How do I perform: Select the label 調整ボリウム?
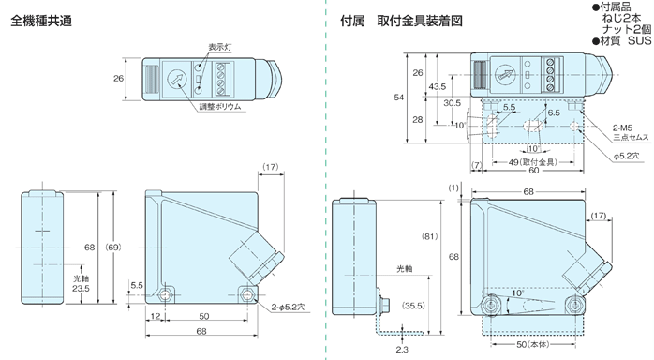point(220,107)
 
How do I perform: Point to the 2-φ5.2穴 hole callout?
point(288,307)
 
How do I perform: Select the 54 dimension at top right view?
point(398,97)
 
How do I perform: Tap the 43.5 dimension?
point(437,87)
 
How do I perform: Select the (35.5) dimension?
point(413,305)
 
